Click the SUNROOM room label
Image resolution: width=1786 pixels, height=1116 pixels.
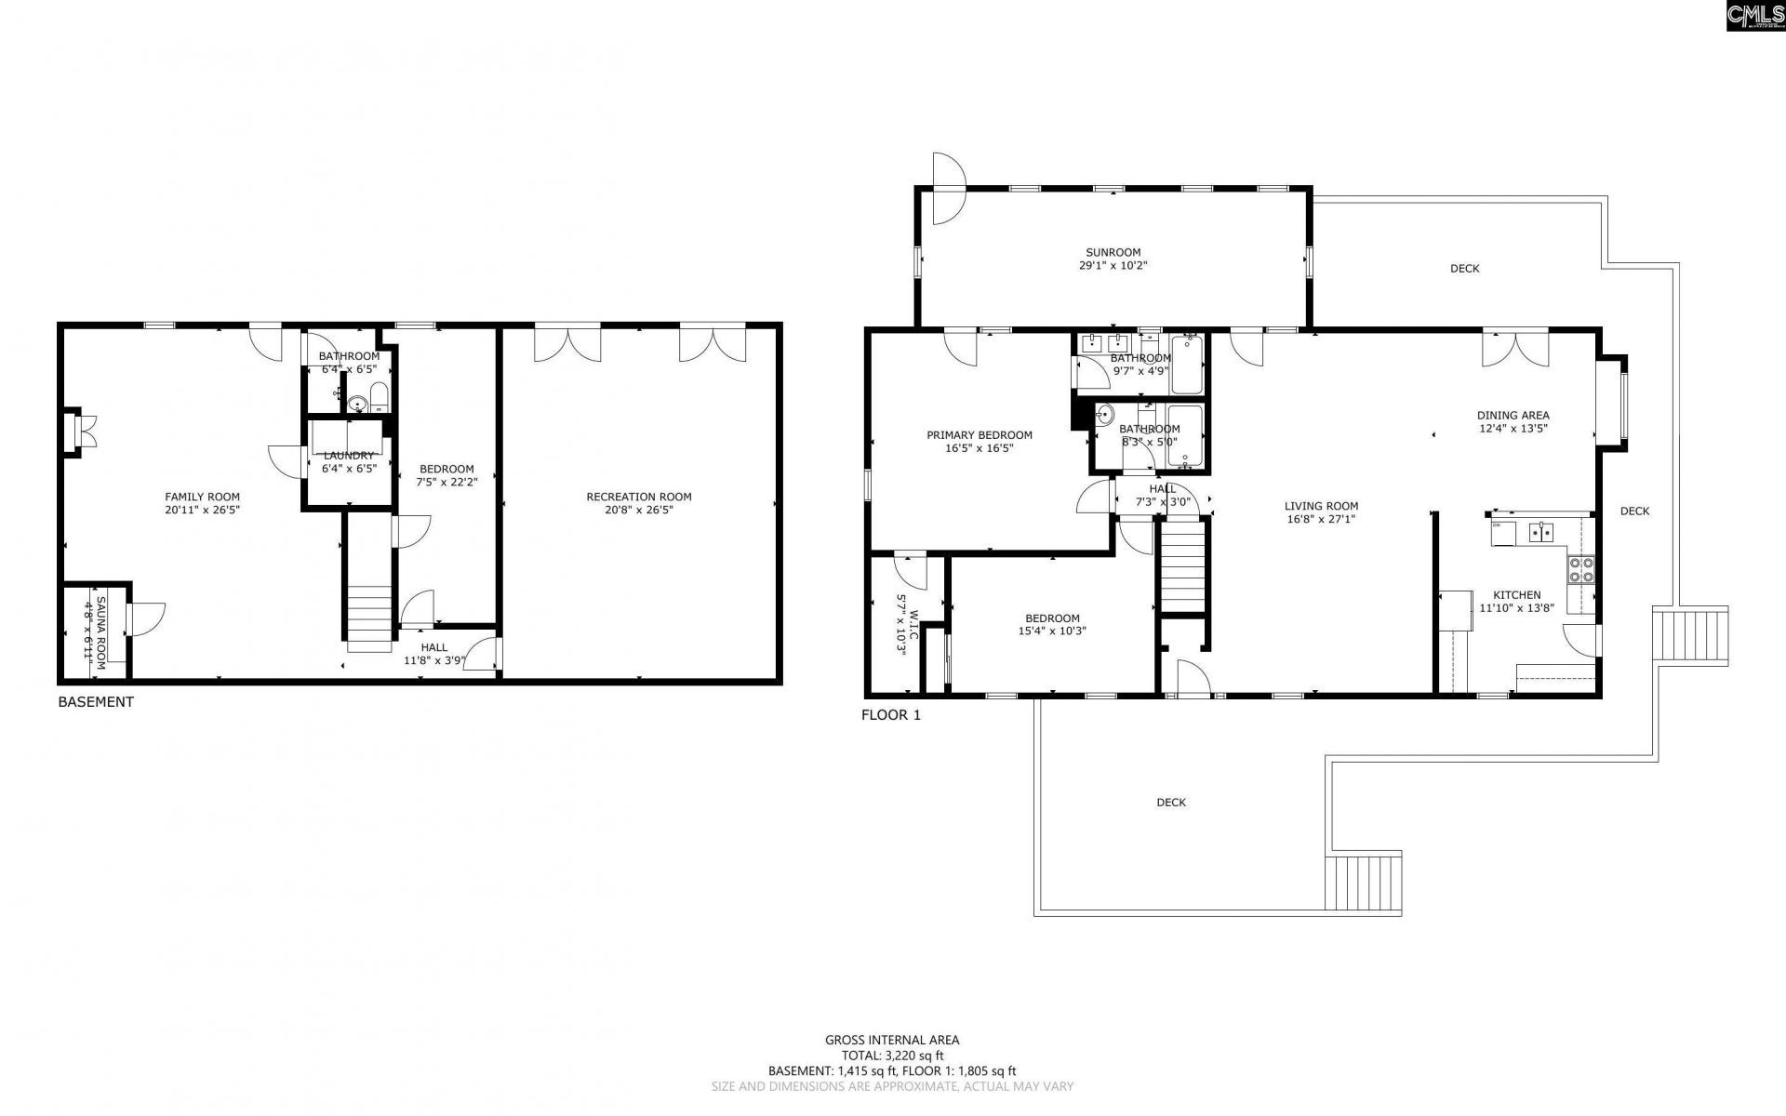click(1113, 252)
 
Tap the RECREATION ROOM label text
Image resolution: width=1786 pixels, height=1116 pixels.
click(638, 497)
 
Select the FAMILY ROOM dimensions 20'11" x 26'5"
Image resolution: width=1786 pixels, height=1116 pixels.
click(202, 510)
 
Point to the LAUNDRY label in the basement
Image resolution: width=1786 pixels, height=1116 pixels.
click(349, 456)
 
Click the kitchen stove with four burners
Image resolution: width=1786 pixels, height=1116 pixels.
click(1580, 569)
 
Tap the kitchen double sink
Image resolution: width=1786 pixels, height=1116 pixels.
click(1540, 532)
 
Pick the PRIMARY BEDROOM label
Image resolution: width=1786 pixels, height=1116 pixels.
click(979, 434)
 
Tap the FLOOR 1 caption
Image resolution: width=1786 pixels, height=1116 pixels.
click(890, 715)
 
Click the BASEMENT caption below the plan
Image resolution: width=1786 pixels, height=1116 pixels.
click(96, 702)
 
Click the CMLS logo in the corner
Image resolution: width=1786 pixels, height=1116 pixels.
click(1754, 16)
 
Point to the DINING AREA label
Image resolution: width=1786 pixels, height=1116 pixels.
click(1513, 416)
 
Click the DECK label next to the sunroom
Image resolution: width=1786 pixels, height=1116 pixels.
click(1464, 269)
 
